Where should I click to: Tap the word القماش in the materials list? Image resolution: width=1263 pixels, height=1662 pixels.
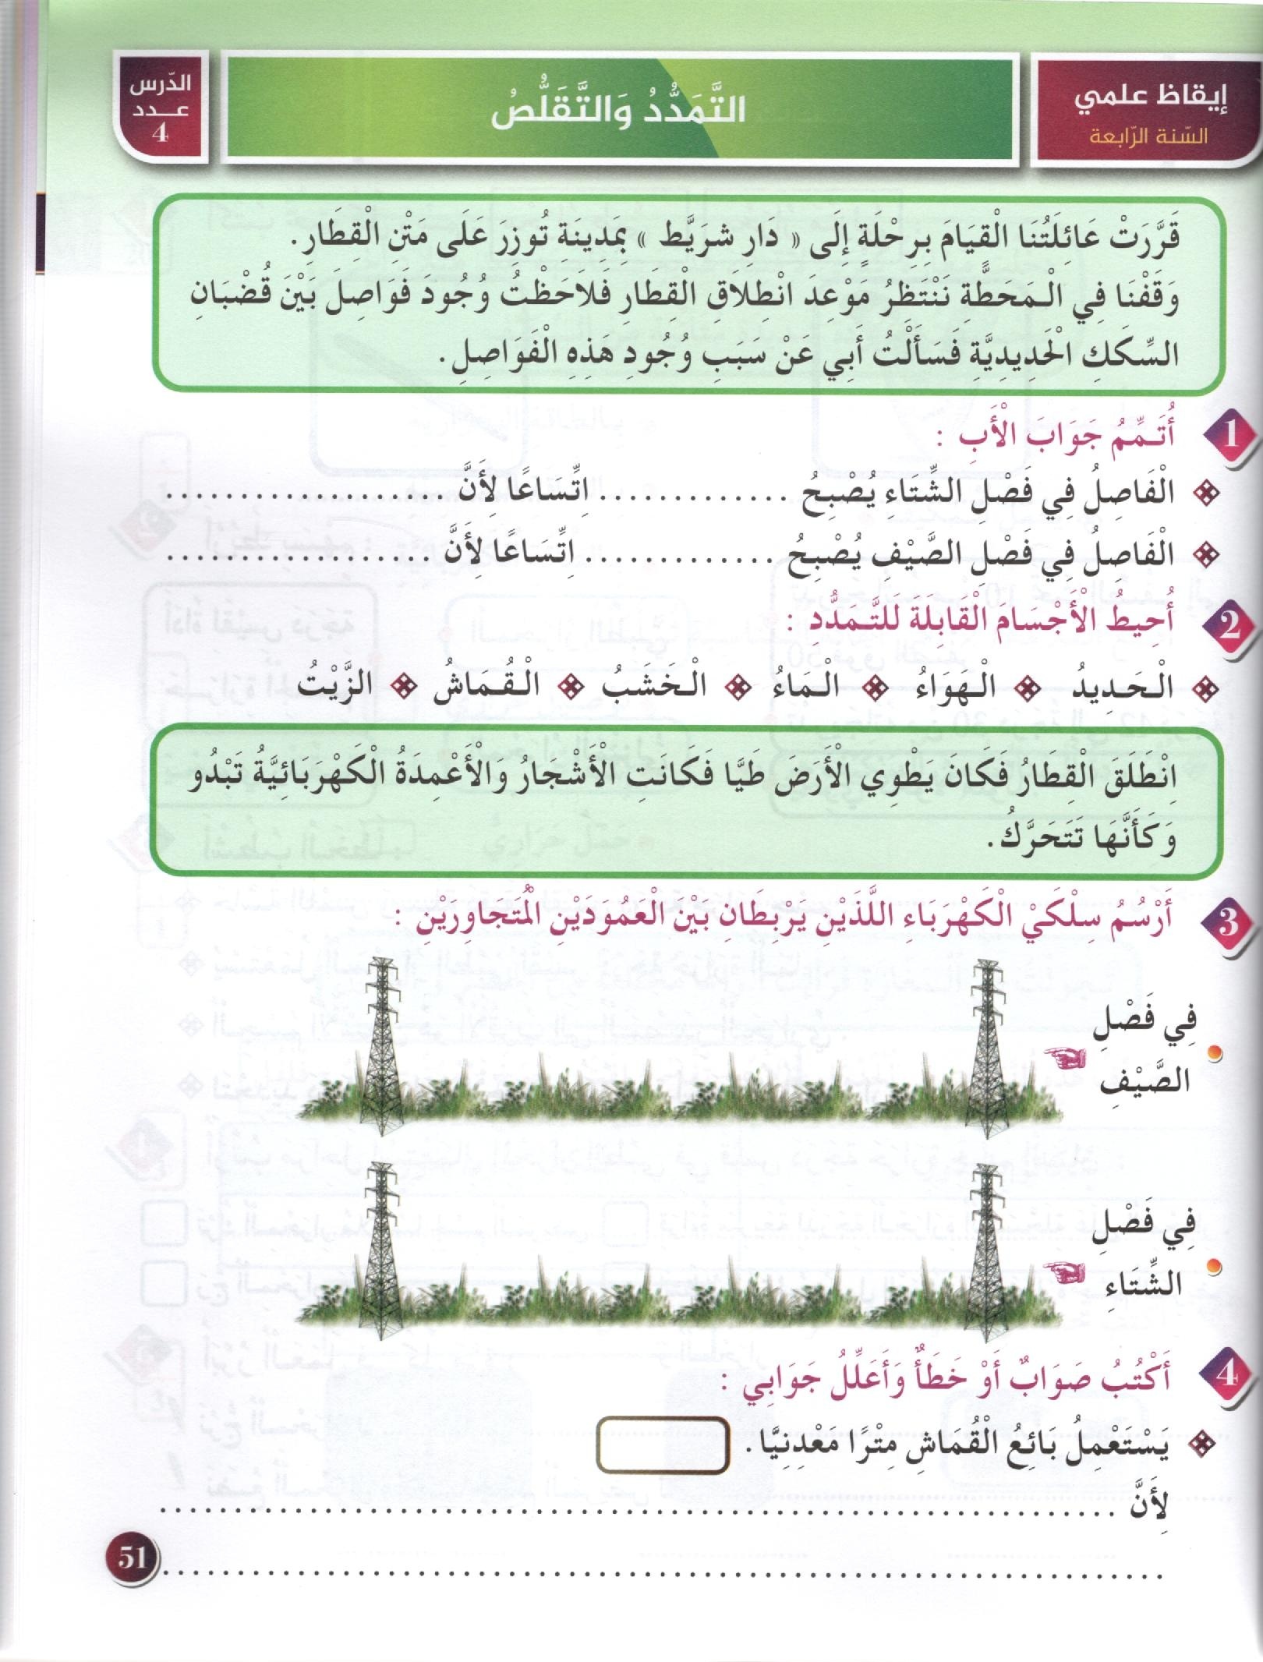478,687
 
